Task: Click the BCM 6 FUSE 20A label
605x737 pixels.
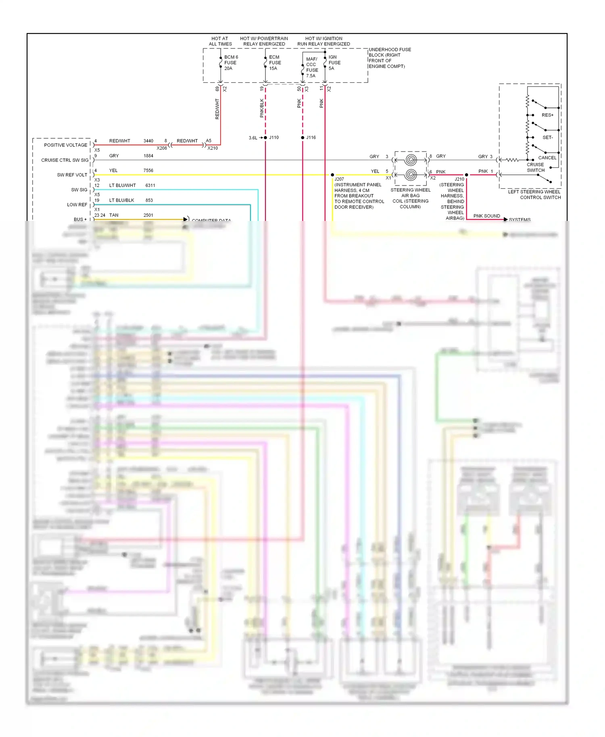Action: tap(231, 62)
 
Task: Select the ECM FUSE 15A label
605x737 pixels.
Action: tap(275, 62)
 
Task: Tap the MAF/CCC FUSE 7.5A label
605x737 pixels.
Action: tap(312, 67)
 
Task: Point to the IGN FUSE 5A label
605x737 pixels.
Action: tap(334, 62)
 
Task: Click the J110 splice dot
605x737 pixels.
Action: tap(265, 138)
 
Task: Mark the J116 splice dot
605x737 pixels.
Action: tap(302, 138)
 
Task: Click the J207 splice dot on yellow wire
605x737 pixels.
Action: tap(332, 175)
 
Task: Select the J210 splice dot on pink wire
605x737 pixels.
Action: tap(467, 175)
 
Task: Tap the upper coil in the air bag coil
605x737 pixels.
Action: tap(411, 160)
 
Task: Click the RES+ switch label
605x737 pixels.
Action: tap(547, 115)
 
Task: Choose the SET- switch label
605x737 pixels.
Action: tap(547, 137)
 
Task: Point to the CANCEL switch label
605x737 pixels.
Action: tap(547, 158)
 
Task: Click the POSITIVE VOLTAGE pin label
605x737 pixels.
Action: tap(65, 145)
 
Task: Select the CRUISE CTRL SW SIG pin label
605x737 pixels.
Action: tap(65, 160)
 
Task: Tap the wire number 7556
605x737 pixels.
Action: tap(148, 171)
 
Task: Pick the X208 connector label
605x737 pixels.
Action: tap(162, 148)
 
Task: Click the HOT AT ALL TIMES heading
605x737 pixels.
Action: tap(220, 41)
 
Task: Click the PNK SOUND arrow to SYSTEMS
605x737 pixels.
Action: tap(505, 219)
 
